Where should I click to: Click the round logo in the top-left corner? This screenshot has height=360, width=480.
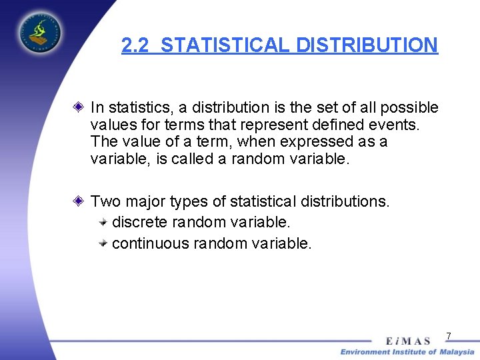pos(39,31)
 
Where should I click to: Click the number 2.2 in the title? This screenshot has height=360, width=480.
pos(136,45)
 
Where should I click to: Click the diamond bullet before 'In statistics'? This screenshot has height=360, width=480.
pos(79,107)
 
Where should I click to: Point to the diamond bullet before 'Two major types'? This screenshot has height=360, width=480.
pos(79,200)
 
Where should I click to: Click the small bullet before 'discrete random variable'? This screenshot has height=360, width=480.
pos(103,221)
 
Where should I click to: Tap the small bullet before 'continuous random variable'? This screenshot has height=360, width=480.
pos(103,243)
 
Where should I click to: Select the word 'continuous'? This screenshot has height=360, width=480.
pos(151,243)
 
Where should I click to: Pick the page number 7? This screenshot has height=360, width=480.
pos(449,336)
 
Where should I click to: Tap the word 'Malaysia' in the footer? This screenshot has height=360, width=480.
pos(457,352)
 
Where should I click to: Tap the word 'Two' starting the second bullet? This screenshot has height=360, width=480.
pos(104,201)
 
